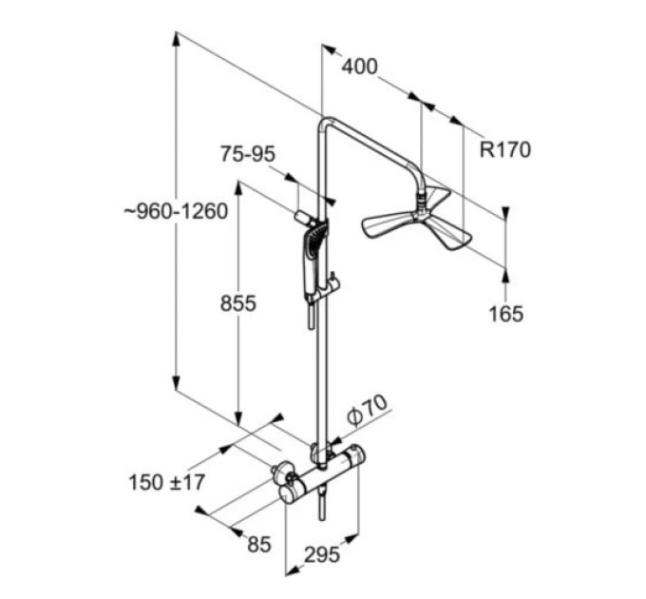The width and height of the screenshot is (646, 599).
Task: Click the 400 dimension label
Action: point(359,67)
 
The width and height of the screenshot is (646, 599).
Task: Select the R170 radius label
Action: point(505,149)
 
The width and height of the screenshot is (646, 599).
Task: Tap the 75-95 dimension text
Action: point(248,154)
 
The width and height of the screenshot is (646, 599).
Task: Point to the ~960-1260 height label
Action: point(176,211)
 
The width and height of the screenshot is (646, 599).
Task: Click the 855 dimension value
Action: point(238,304)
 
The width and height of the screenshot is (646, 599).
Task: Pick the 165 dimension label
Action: point(506,314)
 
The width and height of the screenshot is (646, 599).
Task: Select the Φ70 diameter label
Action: point(367,410)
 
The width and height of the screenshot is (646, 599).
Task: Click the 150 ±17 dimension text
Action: point(167,482)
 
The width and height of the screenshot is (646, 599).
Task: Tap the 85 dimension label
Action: point(259,544)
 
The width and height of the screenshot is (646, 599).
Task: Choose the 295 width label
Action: point(322,554)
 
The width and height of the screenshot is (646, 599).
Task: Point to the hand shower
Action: point(313,263)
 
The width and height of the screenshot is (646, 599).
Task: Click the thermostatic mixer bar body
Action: point(326,474)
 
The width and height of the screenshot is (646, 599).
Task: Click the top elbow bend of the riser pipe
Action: point(326,123)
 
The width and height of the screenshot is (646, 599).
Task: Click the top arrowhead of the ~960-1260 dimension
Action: point(176,38)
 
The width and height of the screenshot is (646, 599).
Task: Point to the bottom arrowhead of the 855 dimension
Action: point(238,419)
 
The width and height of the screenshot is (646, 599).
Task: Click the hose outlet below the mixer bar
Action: point(322,504)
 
